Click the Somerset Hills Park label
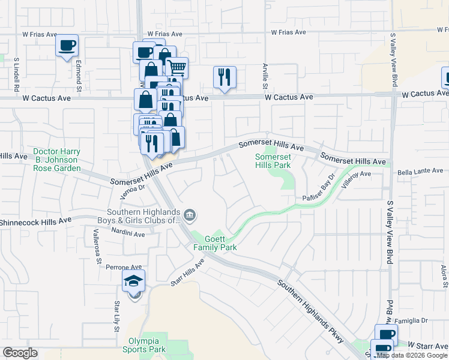tap(273, 160)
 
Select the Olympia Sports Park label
tap(144, 345)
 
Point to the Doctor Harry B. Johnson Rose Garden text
tap(56, 160)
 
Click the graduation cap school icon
tap(134, 280)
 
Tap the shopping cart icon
tap(176, 68)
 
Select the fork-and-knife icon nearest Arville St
tap(224, 77)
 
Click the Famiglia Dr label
tap(412, 322)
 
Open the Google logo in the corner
tap(20, 353)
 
